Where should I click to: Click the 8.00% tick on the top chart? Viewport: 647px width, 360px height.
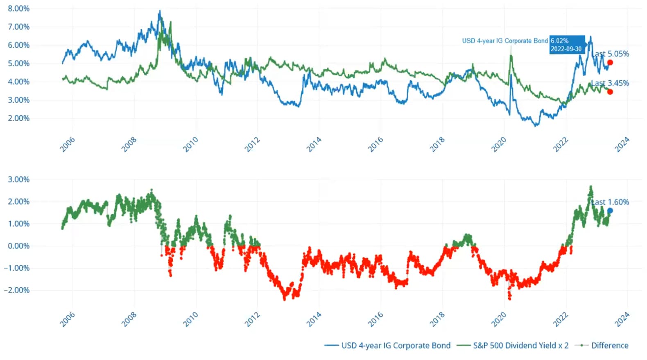[x=19, y=9]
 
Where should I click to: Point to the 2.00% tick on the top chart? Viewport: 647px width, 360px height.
[x=19, y=118]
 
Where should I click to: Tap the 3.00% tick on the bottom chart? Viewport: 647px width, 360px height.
[x=19, y=179]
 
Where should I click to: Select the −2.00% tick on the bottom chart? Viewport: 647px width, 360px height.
[x=17, y=290]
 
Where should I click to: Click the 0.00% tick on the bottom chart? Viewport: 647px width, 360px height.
[x=19, y=246]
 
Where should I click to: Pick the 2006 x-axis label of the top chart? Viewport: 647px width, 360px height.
[x=68, y=144]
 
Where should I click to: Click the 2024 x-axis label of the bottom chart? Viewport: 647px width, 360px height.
[x=622, y=319]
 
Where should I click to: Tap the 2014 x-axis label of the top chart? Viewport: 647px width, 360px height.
[x=314, y=144]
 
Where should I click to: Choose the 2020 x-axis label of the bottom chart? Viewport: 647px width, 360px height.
[x=499, y=319]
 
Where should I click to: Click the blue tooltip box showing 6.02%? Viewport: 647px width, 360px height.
[x=566, y=45]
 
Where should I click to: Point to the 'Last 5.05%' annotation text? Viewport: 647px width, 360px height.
[x=610, y=54]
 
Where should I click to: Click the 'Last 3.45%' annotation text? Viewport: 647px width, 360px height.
[x=610, y=83]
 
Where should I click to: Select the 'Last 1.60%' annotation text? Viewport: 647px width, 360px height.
[x=610, y=202]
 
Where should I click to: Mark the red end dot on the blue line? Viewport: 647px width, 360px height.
[x=610, y=63]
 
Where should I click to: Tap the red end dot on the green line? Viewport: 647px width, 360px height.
[x=610, y=92]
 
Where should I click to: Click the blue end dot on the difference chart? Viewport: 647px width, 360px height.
[x=610, y=211]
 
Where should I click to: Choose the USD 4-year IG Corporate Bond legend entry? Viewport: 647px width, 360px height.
[x=388, y=345]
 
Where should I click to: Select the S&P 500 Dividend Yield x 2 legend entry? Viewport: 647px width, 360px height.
[x=513, y=345]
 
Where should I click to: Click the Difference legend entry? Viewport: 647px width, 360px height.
[x=602, y=345]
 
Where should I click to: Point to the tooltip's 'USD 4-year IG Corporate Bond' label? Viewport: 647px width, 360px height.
[x=505, y=41]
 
